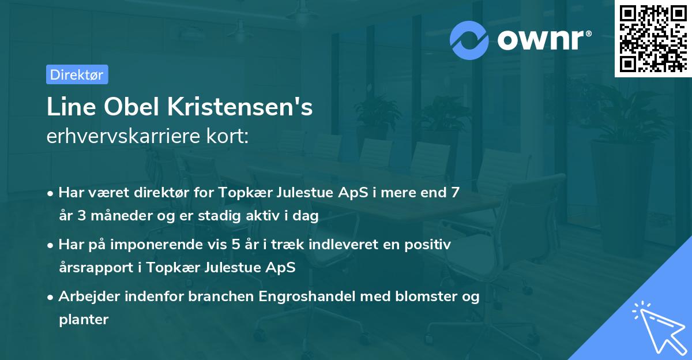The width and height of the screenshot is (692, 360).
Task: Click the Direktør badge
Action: click(x=77, y=74)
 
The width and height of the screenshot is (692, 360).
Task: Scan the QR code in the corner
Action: click(x=652, y=38)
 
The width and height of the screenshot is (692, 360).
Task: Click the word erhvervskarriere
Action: click(x=119, y=137)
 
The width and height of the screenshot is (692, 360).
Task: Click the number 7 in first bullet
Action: click(x=456, y=193)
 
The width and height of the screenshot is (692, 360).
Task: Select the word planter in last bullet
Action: click(x=84, y=320)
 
